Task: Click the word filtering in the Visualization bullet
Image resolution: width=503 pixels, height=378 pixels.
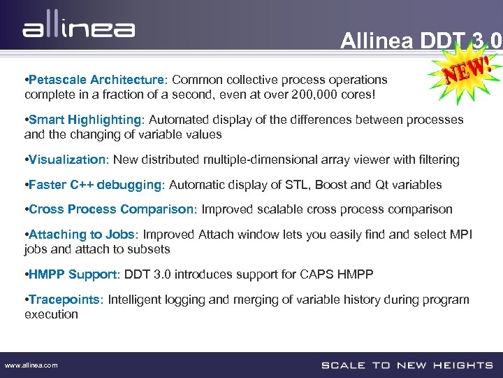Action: tap(438, 160)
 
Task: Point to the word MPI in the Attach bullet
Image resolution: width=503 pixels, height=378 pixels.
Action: tap(461, 234)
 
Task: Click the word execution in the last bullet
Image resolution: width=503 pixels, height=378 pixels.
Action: tap(51, 314)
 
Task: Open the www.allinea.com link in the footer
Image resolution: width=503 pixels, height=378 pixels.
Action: tap(31, 365)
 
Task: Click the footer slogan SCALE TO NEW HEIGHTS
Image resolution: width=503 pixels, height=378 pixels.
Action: tap(407, 365)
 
